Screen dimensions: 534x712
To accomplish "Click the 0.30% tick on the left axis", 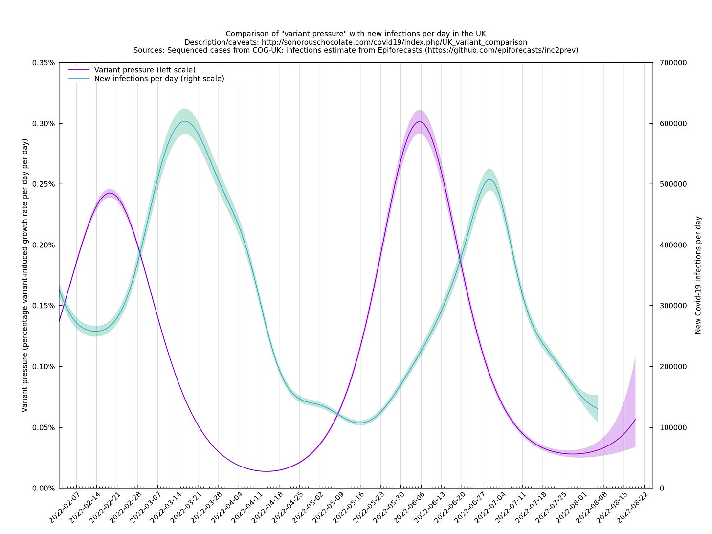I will (x=44, y=124).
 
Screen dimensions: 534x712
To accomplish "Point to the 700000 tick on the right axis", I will (x=673, y=63).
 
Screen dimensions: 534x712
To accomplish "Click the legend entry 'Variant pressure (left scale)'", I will (x=145, y=70).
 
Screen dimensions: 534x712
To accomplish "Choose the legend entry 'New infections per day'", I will (x=159, y=79).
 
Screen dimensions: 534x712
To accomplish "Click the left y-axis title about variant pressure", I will (x=25, y=275).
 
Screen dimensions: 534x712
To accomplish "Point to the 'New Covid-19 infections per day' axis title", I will (x=698, y=275).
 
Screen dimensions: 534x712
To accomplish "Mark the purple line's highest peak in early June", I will (x=420, y=122).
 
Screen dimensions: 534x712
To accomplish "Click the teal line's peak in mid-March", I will (x=185, y=121).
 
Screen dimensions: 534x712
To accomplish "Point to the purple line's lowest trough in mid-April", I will (x=266, y=471).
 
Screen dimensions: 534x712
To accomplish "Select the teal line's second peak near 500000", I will (x=490, y=179).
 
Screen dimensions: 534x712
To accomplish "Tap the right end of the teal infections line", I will (x=597, y=408).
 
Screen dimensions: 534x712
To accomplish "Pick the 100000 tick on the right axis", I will (x=673, y=427).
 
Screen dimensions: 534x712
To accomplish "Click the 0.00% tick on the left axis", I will (x=44, y=488).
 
